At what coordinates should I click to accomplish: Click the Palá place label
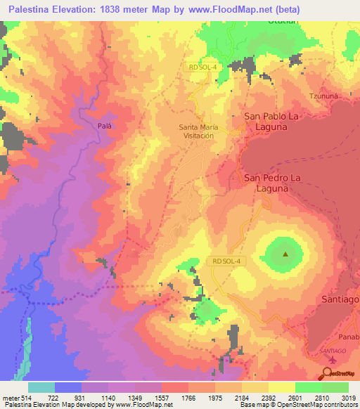(x=105, y=119)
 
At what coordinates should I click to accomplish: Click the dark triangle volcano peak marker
(x=285, y=254)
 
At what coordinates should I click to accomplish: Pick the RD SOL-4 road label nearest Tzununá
(x=204, y=67)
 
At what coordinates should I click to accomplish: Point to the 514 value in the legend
(x=27, y=398)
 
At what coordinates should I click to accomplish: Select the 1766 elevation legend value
(x=188, y=398)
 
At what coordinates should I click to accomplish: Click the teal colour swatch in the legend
(x=41, y=387)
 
